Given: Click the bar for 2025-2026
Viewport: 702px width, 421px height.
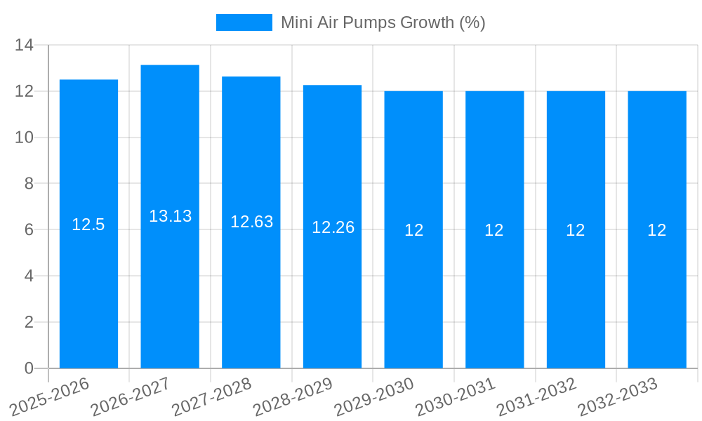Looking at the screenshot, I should pyautogui.click(x=88, y=281).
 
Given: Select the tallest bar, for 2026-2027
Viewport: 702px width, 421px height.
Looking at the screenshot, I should pyautogui.click(x=170, y=281).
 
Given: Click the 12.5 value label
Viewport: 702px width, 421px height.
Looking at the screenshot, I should pyautogui.click(x=88, y=225).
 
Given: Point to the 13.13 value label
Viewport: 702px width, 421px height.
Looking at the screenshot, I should pyautogui.click(x=170, y=216).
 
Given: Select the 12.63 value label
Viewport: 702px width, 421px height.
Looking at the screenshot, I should pyautogui.click(x=251, y=222).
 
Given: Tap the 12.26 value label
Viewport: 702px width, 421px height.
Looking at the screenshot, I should pyautogui.click(x=333, y=227).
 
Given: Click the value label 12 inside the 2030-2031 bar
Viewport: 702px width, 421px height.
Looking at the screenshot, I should pyautogui.click(x=494, y=230).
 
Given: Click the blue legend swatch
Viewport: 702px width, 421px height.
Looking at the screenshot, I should pyautogui.click(x=244, y=22).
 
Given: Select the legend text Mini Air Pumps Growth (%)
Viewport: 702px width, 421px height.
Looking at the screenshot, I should pyautogui.click(x=383, y=22).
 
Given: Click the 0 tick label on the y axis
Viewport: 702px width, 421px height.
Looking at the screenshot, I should pyautogui.click(x=29, y=368).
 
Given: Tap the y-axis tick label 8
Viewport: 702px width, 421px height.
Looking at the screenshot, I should pyautogui.click(x=29, y=184).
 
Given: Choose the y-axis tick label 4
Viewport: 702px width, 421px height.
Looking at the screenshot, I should pyautogui.click(x=29, y=276).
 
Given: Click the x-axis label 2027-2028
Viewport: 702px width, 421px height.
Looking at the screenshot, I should pyautogui.click(x=212, y=396).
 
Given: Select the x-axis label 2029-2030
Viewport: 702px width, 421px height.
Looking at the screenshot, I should pyautogui.click(x=374, y=396).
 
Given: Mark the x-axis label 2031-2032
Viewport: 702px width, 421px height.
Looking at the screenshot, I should pyautogui.click(x=537, y=396).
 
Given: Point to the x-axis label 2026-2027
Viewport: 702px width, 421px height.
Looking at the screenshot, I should pyautogui.click(x=131, y=396).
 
